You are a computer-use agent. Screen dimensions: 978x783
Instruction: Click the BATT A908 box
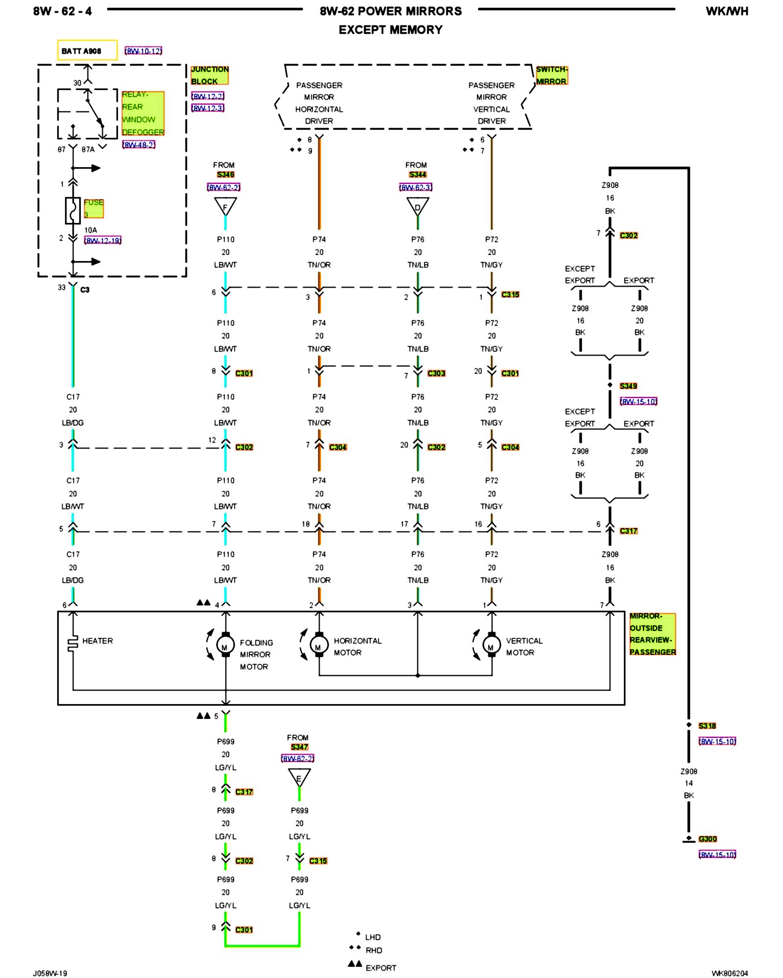pyautogui.click(x=87, y=50)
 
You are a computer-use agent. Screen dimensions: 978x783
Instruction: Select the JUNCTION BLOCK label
pyautogui.click(x=209, y=75)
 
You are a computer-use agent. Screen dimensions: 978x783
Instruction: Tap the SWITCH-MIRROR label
pyautogui.click(x=552, y=75)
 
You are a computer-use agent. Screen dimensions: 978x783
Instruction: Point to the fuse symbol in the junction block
pyautogui.click(x=73, y=211)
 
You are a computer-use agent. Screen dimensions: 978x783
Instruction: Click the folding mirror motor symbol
pyautogui.click(x=225, y=646)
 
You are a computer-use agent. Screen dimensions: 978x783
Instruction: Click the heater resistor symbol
pyautogui.click(x=73, y=644)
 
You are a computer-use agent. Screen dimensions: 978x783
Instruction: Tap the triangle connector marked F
pyautogui.click(x=225, y=206)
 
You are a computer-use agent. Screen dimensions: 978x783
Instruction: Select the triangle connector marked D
pyautogui.click(x=417, y=206)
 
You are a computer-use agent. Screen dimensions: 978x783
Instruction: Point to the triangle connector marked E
pyautogui.click(x=299, y=777)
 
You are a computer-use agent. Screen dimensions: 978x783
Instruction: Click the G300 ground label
pyautogui.click(x=708, y=839)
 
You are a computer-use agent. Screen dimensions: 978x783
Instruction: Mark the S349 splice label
pyautogui.click(x=628, y=386)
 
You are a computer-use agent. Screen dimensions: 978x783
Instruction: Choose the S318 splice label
pyautogui.click(x=707, y=726)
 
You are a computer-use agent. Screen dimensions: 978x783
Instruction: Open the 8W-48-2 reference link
pyautogui.click(x=139, y=145)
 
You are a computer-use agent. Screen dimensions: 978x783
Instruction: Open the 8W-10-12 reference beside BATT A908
pyautogui.click(x=143, y=51)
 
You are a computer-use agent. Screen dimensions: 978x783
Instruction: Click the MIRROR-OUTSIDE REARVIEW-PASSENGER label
pyautogui.click(x=652, y=634)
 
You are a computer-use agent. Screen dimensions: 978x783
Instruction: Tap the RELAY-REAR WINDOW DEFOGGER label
pyautogui.click(x=143, y=113)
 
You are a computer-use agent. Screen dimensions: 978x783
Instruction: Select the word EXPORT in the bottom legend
pyautogui.click(x=381, y=968)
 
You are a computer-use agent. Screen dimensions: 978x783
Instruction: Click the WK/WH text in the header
pyautogui.click(x=727, y=11)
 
